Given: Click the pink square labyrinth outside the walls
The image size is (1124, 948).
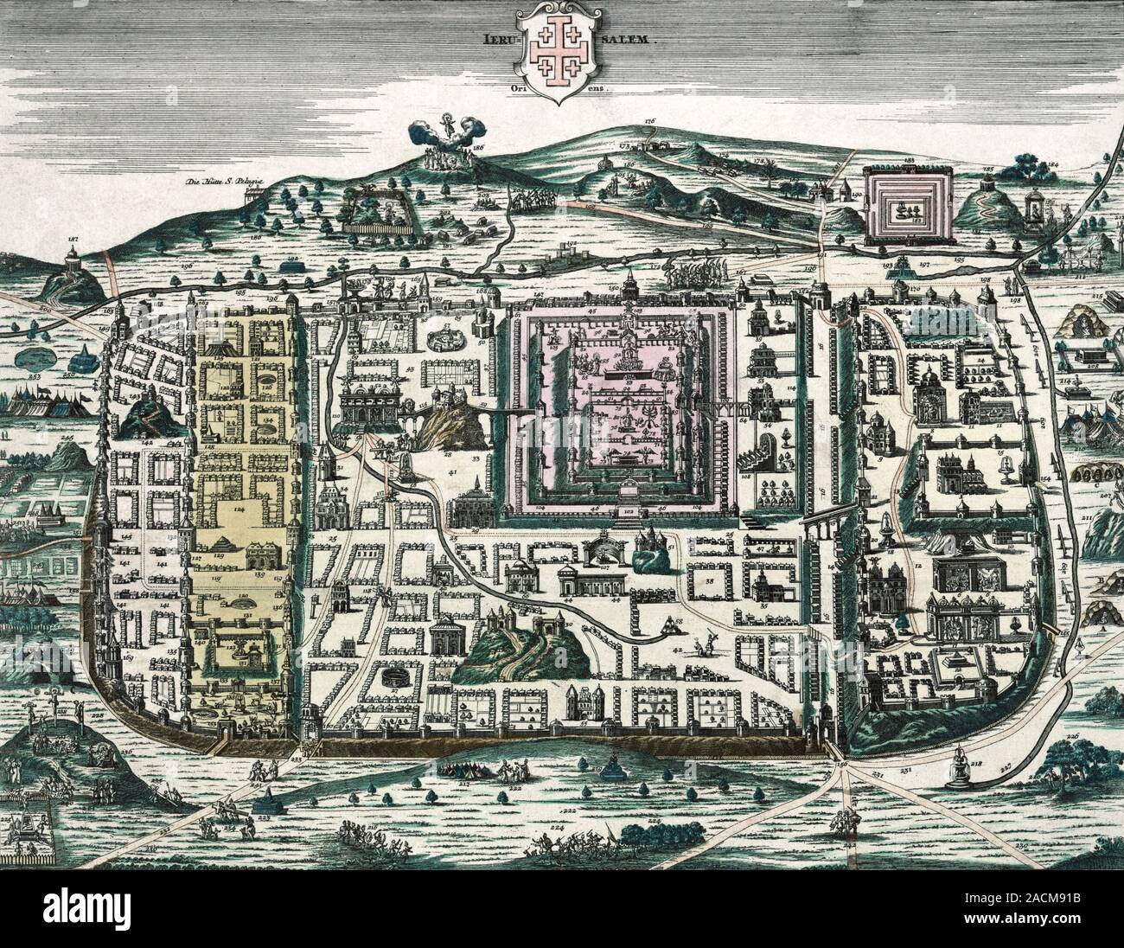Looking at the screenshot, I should pyautogui.click(x=909, y=205).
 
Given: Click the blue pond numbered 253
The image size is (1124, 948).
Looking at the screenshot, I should pyautogui.click(x=37, y=357).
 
